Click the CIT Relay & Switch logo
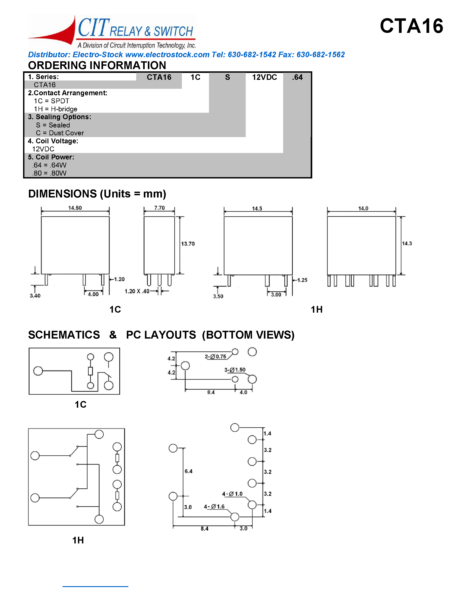pyautogui.click(x=112, y=32)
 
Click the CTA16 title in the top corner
pyautogui.click(x=411, y=26)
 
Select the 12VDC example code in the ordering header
pyautogui.click(x=265, y=77)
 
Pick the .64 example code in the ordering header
pyautogui.click(x=297, y=77)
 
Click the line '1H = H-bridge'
pyautogui.click(x=56, y=109)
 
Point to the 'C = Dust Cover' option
pyautogui.click(x=60, y=133)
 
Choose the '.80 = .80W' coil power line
pyautogui.click(x=49, y=173)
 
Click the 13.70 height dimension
pyautogui.click(x=188, y=244)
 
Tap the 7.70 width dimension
pyautogui.click(x=159, y=208)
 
